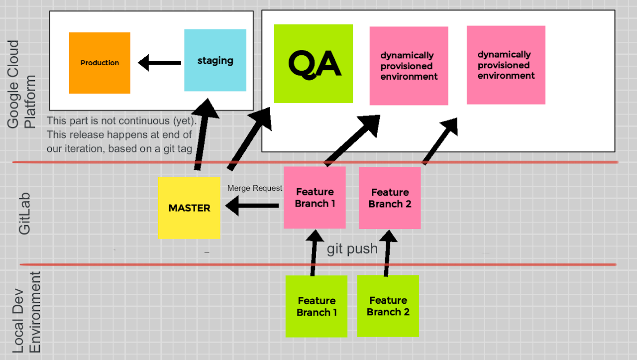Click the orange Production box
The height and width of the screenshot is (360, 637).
(100, 63)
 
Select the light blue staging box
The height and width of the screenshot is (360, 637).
(215, 60)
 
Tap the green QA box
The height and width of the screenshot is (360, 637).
(313, 64)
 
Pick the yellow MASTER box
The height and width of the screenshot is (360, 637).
(189, 208)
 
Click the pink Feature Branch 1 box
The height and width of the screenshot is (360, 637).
(315, 198)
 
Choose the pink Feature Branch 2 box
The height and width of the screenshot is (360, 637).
(390, 198)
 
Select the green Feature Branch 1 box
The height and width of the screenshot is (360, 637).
(316, 306)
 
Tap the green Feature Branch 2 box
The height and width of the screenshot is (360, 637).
(388, 306)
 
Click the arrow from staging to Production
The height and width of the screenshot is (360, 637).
(159, 63)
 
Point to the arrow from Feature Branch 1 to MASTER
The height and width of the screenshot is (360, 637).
(251, 205)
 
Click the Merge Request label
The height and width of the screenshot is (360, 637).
(255, 188)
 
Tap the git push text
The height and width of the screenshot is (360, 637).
(352, 249)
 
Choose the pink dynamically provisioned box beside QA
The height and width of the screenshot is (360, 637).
(409, 66)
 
